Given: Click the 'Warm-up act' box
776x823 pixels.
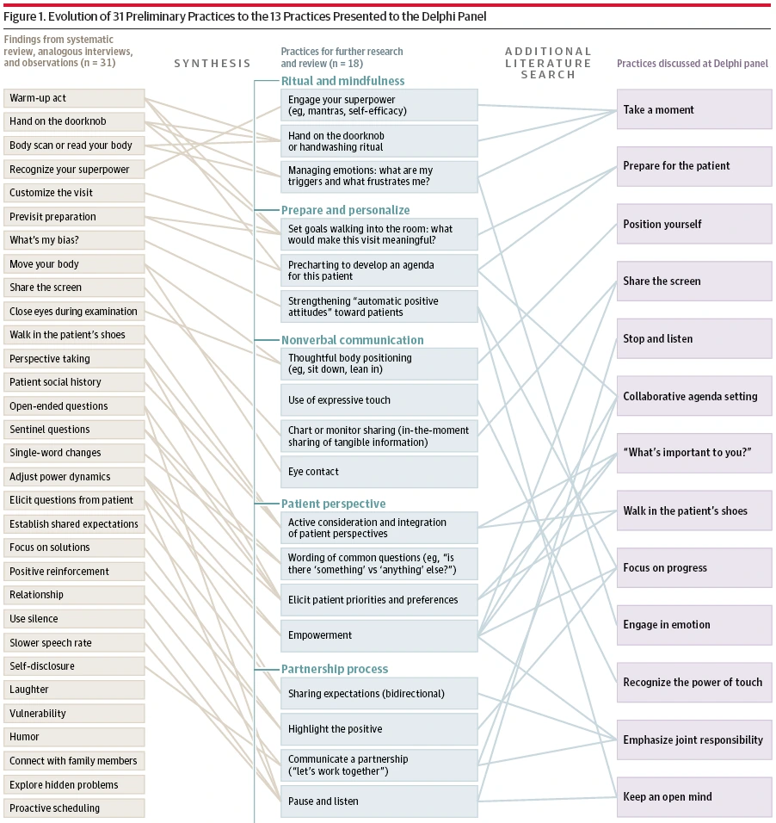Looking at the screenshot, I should click(x=73, y=98).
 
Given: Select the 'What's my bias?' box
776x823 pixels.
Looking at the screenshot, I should click(x=73, y=240).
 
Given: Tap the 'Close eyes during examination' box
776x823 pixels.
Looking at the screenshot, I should click(x=73, y=312).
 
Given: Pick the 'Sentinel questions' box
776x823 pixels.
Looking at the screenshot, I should click(x=73, y=430).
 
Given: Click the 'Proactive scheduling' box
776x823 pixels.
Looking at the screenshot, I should click(x=73, y=808).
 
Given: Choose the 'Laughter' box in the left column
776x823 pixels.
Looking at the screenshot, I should click(x=73, y=690).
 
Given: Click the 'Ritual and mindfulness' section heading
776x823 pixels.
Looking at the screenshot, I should click(x=342, y=81).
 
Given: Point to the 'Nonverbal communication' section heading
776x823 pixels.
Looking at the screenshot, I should click(x=352, y=340).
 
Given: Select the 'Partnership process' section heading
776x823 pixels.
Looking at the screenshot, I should click(x=335, y=669).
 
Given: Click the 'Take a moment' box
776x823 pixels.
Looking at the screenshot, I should click(x=693, y=110).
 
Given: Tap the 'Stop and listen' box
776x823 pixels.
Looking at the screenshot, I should click(x=693, y=339).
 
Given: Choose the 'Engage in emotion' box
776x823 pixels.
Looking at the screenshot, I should click(x=693, y=625).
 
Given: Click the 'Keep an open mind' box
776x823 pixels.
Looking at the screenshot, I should click(x=693, y=797).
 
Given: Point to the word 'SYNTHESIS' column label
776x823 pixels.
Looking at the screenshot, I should click(x=212, y=63).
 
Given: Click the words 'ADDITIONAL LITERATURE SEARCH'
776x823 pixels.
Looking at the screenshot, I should click(x=548, y=63).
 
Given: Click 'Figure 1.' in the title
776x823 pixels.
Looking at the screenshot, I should click(x=27, y=18).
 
